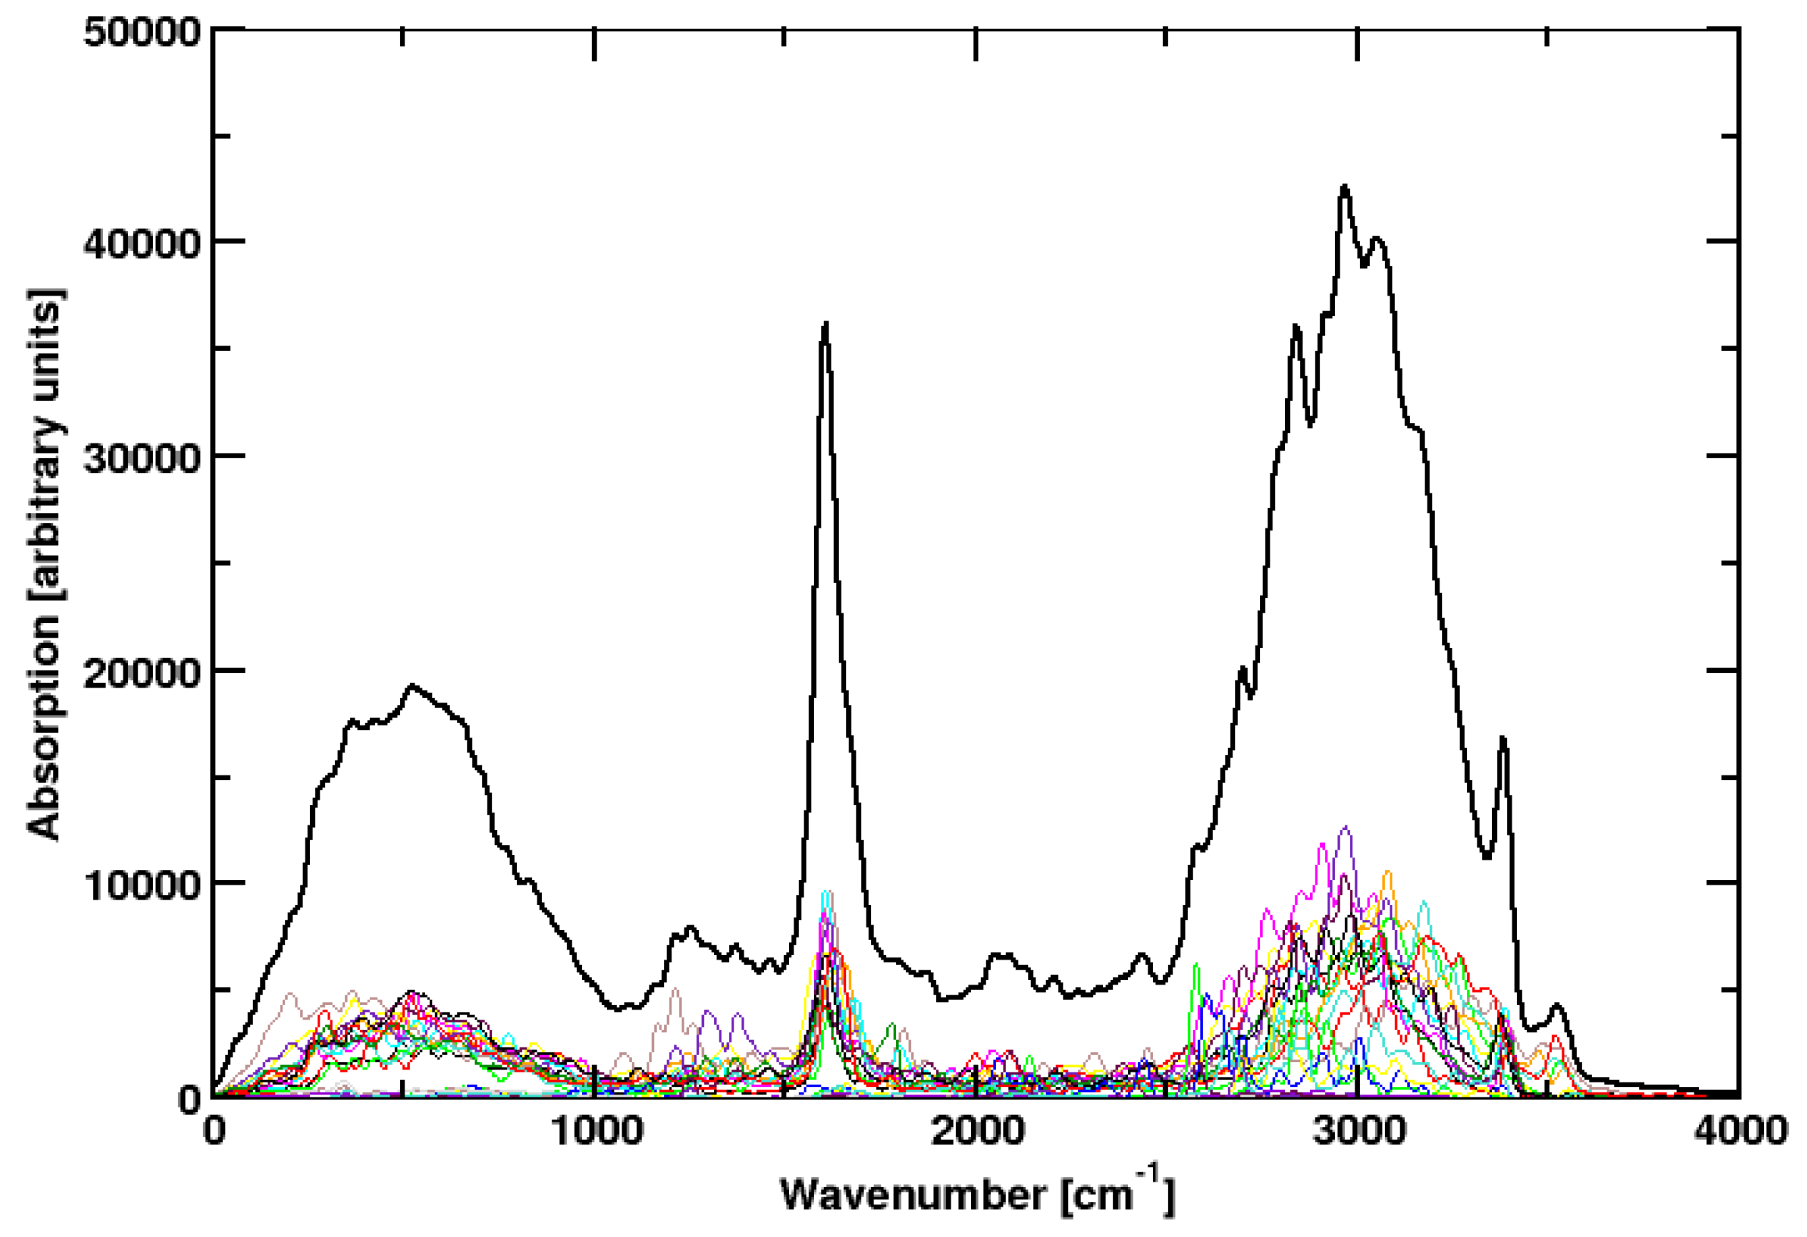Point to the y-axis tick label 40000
coord(142,244)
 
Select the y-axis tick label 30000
coord(142,458)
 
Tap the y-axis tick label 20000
coord(142,671)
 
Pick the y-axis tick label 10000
coord(142,885)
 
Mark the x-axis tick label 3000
coord(1359,1130)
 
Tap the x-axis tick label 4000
coord(1740,1130)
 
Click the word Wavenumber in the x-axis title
coord(913,1194)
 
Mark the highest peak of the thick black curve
coord(1344,186)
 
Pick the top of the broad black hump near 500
coord(413,686)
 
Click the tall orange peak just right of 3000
coord(1387,872)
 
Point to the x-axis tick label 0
coord(214,1130)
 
